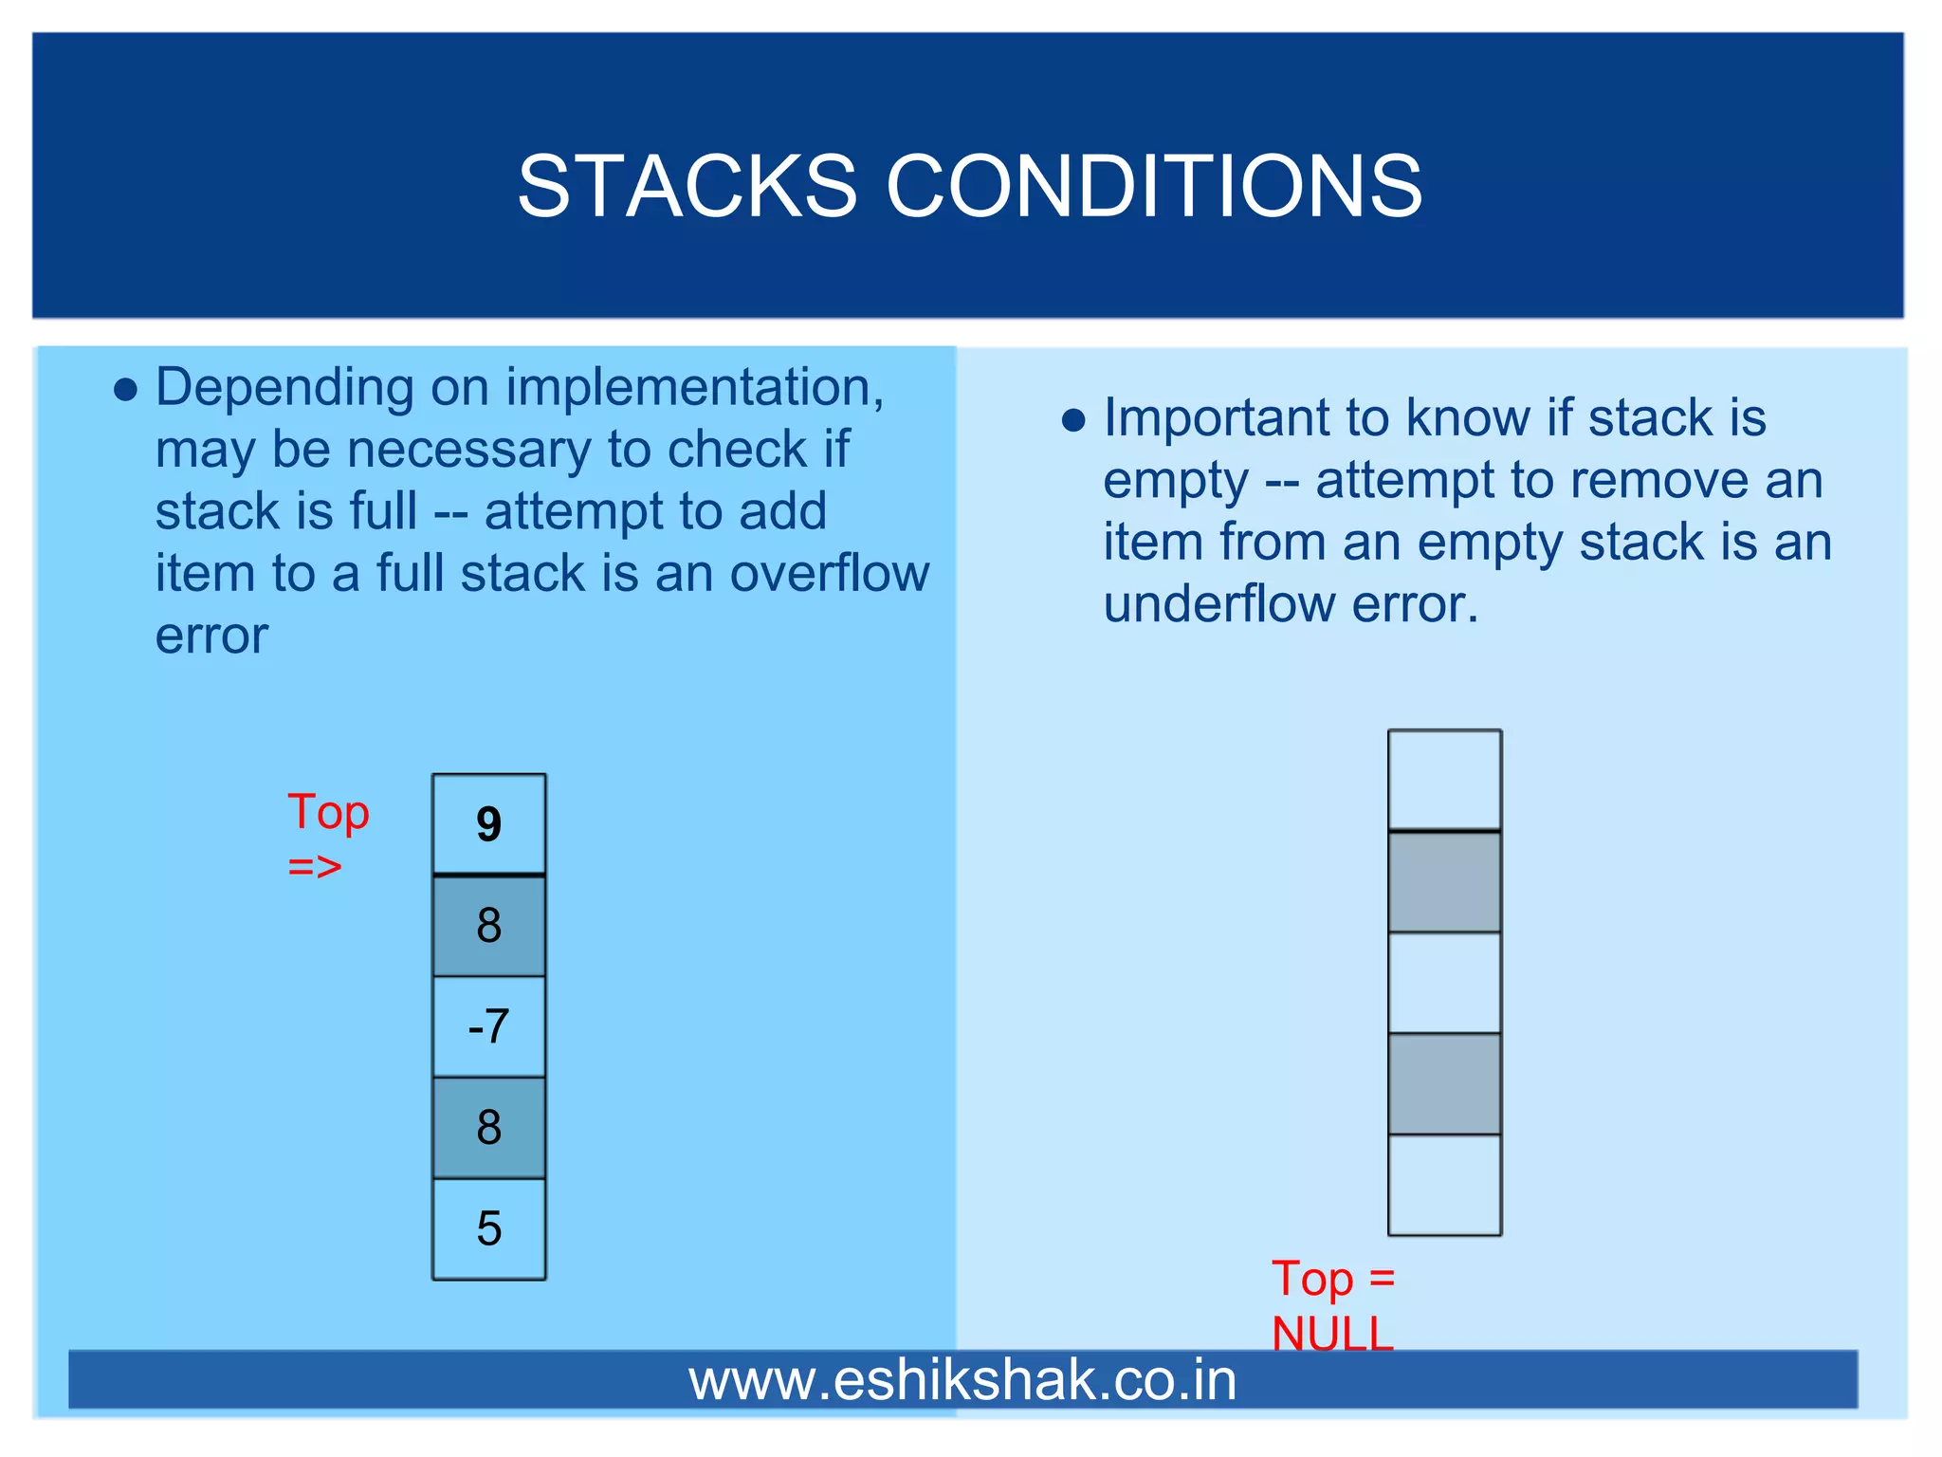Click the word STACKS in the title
coord(687,186)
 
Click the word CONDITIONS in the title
coord(1153,186)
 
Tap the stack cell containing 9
coord(488,824)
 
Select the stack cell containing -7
coord(488,1026)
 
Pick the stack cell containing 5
coord(488,1228)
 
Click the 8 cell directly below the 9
coord(488,925)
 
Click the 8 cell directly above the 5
coord(488,1128)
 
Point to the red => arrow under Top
coord(315,866)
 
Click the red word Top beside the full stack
coord(328,813)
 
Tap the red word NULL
coord(1332,1332)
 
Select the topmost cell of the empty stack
coord(1444,780)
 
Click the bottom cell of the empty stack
coord(1444,1185)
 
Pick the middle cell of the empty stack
coord(1444,983)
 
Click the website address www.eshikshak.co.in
coord(962,1380)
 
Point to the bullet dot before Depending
coord(125,390)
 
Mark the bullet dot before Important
coord(1072,420)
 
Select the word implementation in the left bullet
coord(694,388)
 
